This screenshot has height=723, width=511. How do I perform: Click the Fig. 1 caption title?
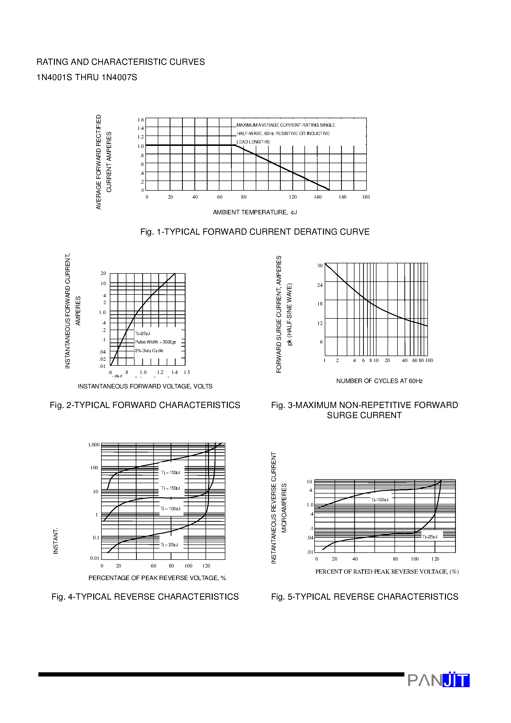click(255, 232)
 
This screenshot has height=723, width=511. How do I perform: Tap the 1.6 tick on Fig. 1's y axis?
click(140, 120)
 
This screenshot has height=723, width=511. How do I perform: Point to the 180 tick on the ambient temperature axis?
click(366, 197)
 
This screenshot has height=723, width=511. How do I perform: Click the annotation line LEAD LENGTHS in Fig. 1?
click(253, 142)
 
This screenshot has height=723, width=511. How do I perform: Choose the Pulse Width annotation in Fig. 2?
click(155, 342)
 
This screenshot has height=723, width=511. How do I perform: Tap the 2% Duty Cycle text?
click(149, 350)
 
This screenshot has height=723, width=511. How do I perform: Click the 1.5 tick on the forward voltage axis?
click(187, 372)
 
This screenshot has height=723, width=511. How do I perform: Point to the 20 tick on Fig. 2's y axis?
click(103, 273)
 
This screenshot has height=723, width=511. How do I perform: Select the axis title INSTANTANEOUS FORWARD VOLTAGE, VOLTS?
click(145, 386)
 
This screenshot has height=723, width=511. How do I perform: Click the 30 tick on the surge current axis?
click(320, 266)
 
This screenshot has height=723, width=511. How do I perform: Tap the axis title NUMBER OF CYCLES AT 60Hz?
click(379, 381)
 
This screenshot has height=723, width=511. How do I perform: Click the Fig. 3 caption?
click(365, 410)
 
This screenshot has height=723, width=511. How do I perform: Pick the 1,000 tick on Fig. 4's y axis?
click(93, 445)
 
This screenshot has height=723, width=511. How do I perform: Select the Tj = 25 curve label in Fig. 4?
click(169, 545)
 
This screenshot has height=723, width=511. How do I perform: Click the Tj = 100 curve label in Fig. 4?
click(170, 509)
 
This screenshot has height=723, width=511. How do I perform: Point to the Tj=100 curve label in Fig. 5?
click(379, 500)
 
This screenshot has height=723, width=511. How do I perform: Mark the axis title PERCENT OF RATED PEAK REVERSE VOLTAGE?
click(387, 571)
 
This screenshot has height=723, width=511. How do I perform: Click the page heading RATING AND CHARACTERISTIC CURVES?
click(121, 62)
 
